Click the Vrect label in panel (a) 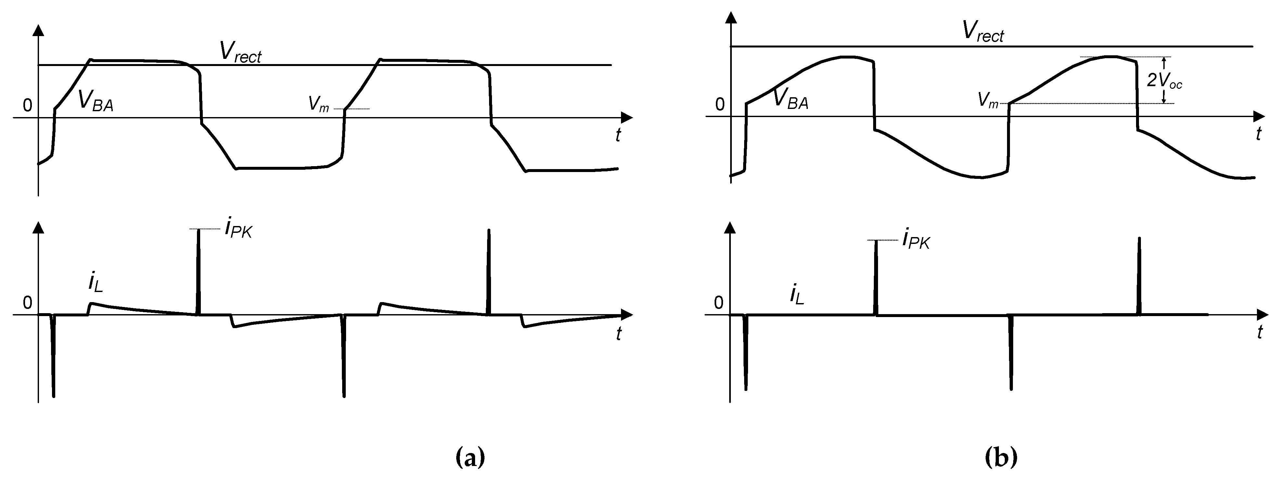coord(240,52)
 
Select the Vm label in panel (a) coord(318,104)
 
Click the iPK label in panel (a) coord(238,229)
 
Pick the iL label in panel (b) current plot coord(796,295)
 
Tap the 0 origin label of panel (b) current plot coord(718,302)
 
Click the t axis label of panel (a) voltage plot coord(618,135)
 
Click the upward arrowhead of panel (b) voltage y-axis coord(731,18)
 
